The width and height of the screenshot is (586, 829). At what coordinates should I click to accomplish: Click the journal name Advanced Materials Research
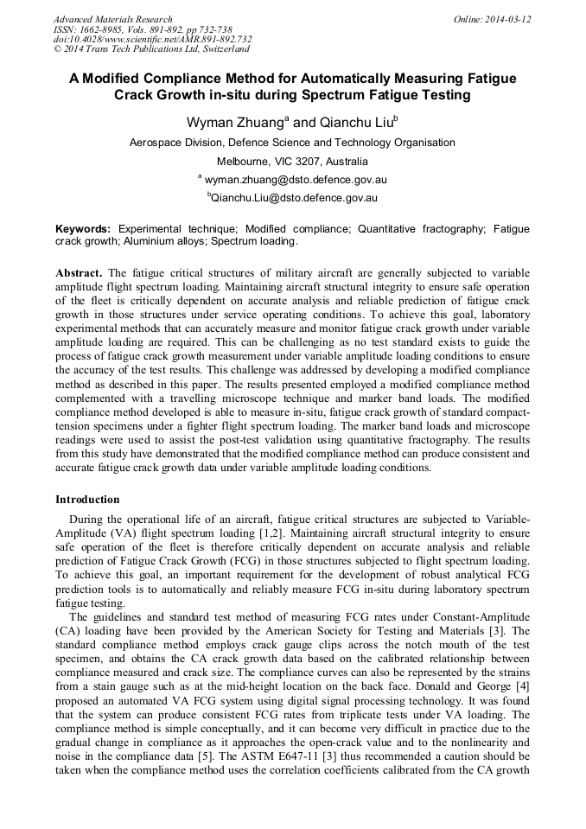point(112,19)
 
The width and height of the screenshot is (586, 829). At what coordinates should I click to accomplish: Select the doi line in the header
point(153,40)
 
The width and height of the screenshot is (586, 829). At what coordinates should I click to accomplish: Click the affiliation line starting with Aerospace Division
point(292,143)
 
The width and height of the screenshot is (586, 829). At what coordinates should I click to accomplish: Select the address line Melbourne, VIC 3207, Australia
point(292,162)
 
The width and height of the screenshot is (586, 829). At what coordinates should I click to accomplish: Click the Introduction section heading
point(87,500)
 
